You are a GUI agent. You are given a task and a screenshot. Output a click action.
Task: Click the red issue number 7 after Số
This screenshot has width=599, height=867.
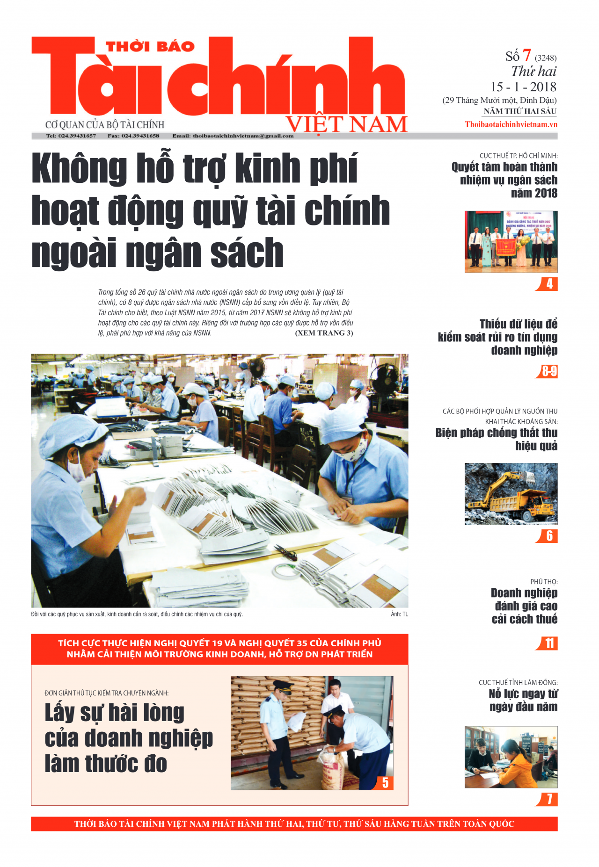(526, 55)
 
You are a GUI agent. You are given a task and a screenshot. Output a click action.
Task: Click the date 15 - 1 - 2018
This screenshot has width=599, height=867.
(523, 87)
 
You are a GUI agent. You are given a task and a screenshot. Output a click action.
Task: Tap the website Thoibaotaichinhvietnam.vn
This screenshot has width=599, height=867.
(511, 124)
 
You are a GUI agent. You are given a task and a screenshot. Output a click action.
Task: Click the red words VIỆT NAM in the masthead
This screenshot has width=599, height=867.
(347, 125)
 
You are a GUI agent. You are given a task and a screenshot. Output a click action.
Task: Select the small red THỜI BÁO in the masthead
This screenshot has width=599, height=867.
(150, 47)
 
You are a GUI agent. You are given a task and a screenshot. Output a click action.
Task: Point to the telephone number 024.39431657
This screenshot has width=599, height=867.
(77, 136)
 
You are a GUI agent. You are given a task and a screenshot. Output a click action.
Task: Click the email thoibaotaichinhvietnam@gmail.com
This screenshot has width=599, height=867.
(243, 136)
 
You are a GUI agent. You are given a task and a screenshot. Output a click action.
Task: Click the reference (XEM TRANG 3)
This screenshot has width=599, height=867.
(324, 333)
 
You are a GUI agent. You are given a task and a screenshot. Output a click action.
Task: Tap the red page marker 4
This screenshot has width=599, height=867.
(549, 284)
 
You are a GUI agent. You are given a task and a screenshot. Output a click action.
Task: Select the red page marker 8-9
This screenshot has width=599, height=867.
(548, 371)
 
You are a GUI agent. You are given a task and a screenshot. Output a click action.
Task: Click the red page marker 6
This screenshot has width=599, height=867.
(549, 536)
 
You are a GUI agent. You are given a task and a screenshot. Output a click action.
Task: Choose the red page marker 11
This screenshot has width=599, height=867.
(548, 643)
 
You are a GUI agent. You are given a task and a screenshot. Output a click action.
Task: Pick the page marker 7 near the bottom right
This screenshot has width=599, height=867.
(549, 799)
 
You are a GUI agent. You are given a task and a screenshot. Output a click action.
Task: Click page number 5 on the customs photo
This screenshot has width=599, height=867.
(385, 783)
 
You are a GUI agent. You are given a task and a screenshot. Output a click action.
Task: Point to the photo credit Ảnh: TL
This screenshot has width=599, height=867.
(399, 614)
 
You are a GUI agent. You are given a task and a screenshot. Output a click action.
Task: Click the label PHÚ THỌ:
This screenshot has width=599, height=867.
(544, 582)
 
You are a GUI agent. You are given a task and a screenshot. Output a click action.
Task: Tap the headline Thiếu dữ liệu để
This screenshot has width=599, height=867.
(518, 324)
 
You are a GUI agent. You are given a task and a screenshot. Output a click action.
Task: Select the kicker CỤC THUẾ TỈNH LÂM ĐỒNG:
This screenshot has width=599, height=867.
(518, 683)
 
